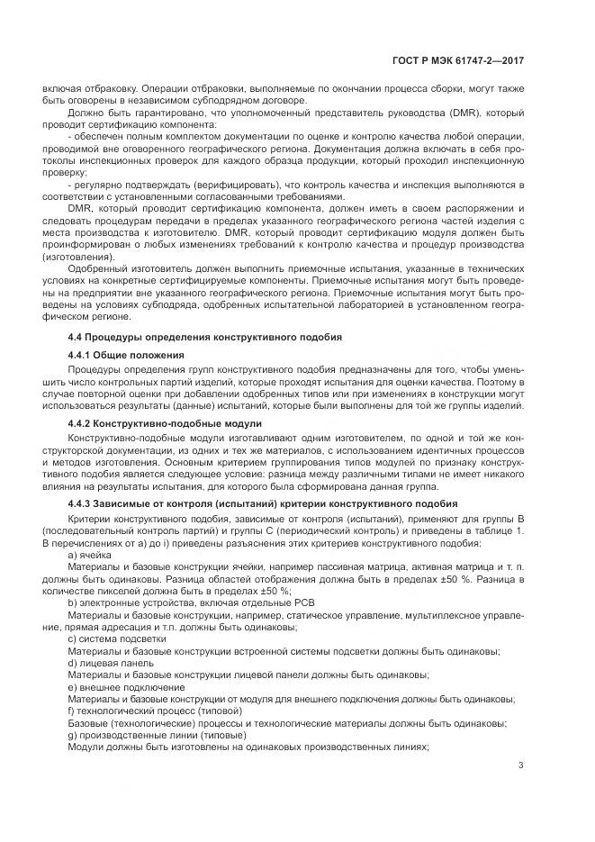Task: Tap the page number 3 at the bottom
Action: click(x=521, y=765)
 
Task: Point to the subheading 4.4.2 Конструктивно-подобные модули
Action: click(x=165, y=422)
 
